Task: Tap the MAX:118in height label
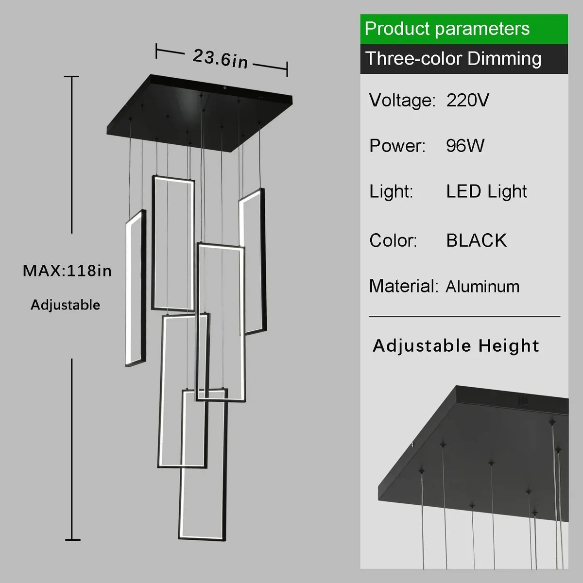67,271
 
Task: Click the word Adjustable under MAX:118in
66,305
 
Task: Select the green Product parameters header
447,29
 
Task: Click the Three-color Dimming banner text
453,59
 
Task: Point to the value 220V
467,101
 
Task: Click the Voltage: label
402,101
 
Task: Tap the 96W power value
465,146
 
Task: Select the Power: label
397,146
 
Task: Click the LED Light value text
486,191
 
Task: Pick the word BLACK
476,240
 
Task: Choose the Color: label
393,240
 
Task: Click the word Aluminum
482,287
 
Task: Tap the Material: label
403,286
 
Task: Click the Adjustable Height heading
456,346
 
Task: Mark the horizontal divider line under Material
464,316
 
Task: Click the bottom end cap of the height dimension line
72,539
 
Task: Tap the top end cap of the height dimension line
72,77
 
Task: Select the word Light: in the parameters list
391,191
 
